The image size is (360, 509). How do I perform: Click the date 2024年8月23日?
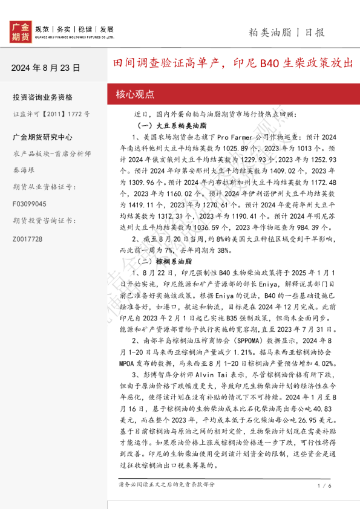point(45,67)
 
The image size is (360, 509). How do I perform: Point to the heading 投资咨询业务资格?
point(42,97)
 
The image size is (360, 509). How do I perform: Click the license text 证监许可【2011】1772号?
point(51,114)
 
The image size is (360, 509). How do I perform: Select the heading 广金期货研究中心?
point(42,137)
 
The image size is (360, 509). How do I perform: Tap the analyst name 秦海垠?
point(25,170)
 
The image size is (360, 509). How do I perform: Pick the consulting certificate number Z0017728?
point(27,239)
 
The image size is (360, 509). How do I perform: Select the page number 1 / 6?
point(324,485)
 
